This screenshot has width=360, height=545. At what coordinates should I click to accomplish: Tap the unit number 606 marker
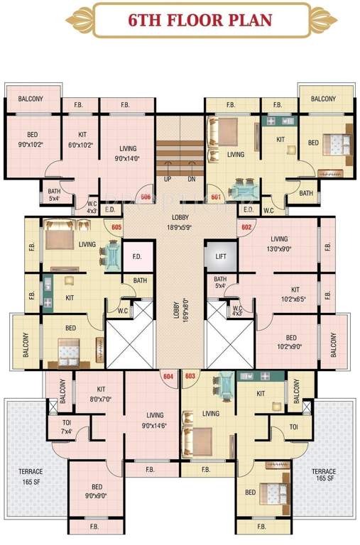pyautogui.click(x=146, y=197)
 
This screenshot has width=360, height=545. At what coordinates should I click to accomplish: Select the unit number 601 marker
pyautogui.click(x=216, y=197)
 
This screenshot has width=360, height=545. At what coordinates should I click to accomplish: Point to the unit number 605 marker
pyautogui.click(x=116, y=226)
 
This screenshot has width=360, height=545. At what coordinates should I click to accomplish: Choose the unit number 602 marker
pyautogui.click(x=246, y=226)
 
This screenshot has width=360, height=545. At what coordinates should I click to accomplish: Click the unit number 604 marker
pyautogui.click(x=168, y=376)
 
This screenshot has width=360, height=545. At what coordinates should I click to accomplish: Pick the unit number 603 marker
pyautogui.click(x=190, y=376)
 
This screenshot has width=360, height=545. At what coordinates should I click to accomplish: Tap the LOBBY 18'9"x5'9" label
pyautogui.click(x=180, y=224)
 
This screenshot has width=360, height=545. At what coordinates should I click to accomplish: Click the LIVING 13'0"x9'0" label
pyautogui.click(x=279, y=244)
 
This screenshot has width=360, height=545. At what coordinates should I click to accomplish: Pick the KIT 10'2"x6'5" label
pyautogui.click(x=295, y=294)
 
